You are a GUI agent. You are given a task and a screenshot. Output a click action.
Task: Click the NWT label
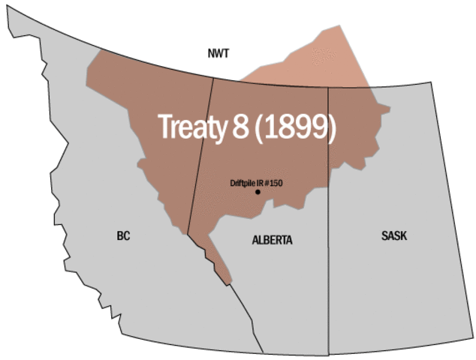coord(218,53)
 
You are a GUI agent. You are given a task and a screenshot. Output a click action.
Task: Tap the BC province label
coord(124,235)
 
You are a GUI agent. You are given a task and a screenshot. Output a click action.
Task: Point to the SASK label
coord(393,235)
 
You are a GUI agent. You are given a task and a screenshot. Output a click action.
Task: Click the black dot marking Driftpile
coord(258,192)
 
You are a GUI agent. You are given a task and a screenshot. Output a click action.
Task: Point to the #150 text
coord(274,183)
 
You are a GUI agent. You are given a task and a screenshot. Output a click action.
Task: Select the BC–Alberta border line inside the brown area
coord(199,165)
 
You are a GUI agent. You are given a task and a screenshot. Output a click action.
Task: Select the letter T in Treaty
coord(164,127)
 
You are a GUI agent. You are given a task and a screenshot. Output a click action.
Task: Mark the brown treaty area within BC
coord(150,112)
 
